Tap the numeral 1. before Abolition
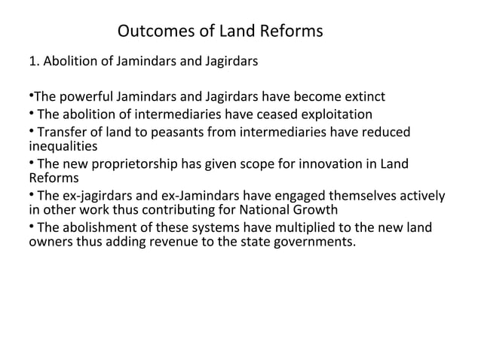pos(32,62)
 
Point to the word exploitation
pos(334,115)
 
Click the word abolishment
pos(100,228)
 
